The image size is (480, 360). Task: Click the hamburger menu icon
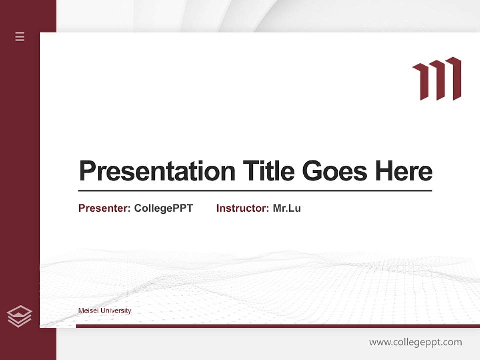point(20,36)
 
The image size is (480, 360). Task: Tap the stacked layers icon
point(19,316)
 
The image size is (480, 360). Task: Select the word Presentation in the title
point(157,171)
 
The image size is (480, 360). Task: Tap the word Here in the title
point(404,171)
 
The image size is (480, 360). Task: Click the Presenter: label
point(105,208)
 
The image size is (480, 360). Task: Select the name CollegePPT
point(163,208)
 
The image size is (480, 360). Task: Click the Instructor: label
point(243,208)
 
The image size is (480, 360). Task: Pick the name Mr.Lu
point(287,208)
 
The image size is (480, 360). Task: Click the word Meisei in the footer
point(88,311)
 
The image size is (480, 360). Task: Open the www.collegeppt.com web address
point(415,342)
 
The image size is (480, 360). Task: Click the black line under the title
point(255,191)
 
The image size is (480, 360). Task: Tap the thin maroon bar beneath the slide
point(277,326)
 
